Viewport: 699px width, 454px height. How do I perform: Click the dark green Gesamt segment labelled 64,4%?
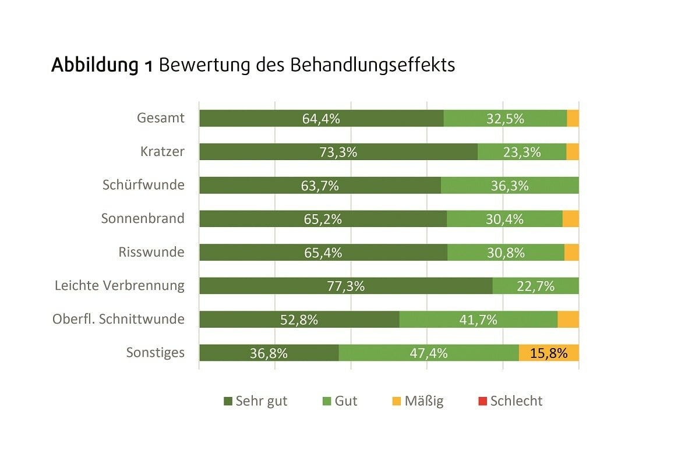coord(321,118)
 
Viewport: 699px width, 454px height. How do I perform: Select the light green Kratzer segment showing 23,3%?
coord(522,152)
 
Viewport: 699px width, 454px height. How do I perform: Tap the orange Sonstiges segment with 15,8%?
coord(549,353)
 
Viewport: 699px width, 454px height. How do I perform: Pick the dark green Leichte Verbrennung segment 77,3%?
coord(346,286)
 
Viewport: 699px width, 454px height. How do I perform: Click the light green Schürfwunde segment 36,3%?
coord(510,185)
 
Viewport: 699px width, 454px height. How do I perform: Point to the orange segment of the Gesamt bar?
coord(573,118)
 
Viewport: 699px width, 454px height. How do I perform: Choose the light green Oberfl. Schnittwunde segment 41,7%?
coord(478,320)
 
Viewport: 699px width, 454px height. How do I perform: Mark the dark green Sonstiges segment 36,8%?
coord(269,353)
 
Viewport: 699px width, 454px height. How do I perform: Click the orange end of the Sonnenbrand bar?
coord(571,219)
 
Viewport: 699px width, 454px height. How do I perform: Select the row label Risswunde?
coord(151,252)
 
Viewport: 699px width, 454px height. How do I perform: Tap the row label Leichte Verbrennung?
coord(119,286)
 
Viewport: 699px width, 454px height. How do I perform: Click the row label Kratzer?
coord(162,152)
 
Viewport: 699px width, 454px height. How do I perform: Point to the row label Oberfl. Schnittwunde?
coord(118,319)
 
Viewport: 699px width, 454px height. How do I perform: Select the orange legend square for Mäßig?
coord(397,401)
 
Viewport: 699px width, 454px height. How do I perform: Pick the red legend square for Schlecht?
coord(482,401)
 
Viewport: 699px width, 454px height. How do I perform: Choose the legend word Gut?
coord(346,401)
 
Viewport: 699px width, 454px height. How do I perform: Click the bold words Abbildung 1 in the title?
coord(103,65)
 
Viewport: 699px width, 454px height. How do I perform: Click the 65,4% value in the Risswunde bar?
coord(322,253)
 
